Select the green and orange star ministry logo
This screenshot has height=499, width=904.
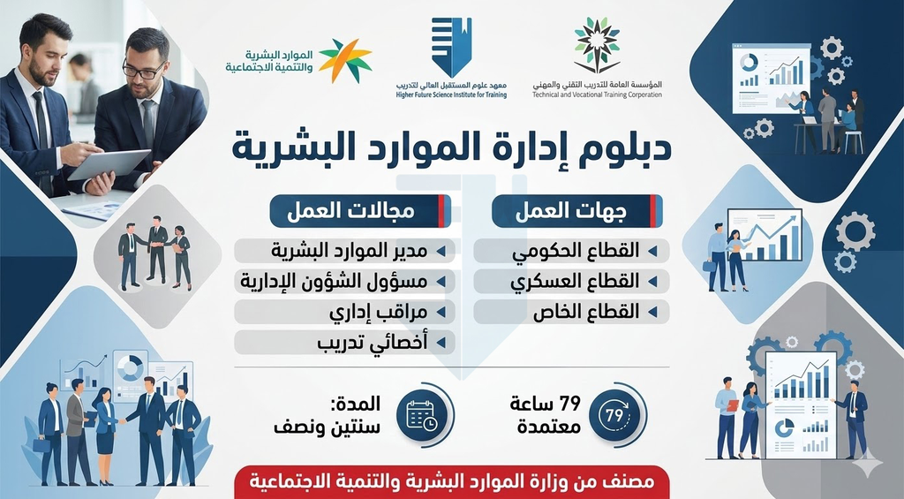pyautogui.click(x=345, y=60)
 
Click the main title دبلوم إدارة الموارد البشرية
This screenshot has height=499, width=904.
pyautogui.click(x=451, y=147)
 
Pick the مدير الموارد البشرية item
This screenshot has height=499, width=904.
pyautogui.click(x=346, y=251)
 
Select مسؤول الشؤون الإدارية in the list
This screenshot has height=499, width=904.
pyautogui.click(x=346, y=282)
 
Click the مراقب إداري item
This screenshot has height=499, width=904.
pyautogui.click(x=346, y=312)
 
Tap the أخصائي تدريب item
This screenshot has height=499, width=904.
pyautogui.click(x=346, y=343)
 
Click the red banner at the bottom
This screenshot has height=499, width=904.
pyautogui.click(x=451, y=483)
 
